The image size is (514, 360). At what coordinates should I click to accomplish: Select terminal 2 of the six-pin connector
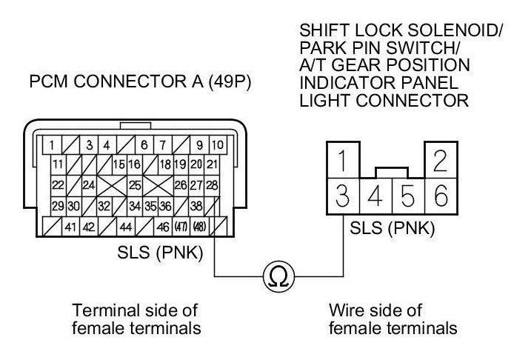click(440, 160)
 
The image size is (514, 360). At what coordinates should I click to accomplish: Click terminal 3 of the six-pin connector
click(342, 197)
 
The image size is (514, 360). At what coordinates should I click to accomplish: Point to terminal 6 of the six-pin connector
click(440, 197)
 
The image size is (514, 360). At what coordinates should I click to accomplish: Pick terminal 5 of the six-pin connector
click(408, 197)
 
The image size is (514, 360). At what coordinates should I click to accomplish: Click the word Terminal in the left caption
click(97, 309)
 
